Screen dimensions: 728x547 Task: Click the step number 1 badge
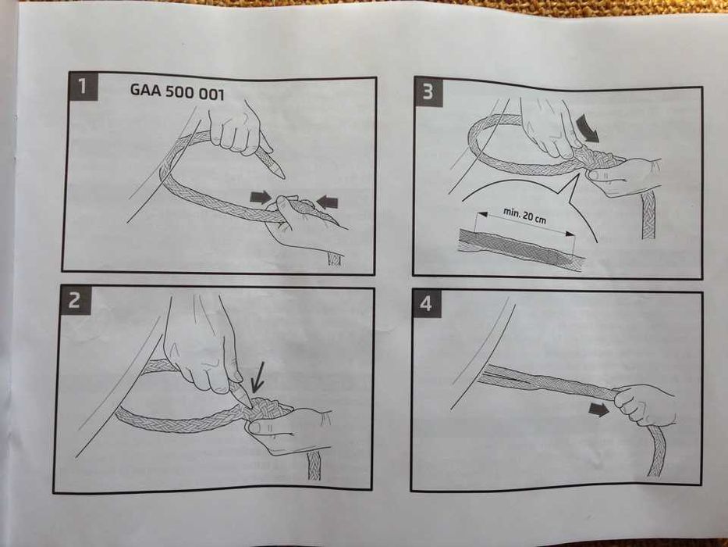(83, 87)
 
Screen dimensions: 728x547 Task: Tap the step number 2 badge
(75, 301)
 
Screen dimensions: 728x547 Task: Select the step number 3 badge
(428, 91)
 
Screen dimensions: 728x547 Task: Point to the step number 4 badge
(426, 304)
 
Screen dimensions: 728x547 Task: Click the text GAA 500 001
(177, 91)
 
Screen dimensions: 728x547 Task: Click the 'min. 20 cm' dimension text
(524, 216)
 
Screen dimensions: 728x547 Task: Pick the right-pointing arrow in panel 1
(261, 197)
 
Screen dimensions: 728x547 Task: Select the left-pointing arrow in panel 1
(327, 202)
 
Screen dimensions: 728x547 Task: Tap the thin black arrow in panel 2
(257, 377)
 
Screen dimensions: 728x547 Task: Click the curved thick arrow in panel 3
(588, 128)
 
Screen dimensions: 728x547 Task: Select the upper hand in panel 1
(236, 129)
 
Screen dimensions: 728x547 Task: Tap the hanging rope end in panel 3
(648, 215)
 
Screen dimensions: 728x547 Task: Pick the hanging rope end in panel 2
(314, 465)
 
